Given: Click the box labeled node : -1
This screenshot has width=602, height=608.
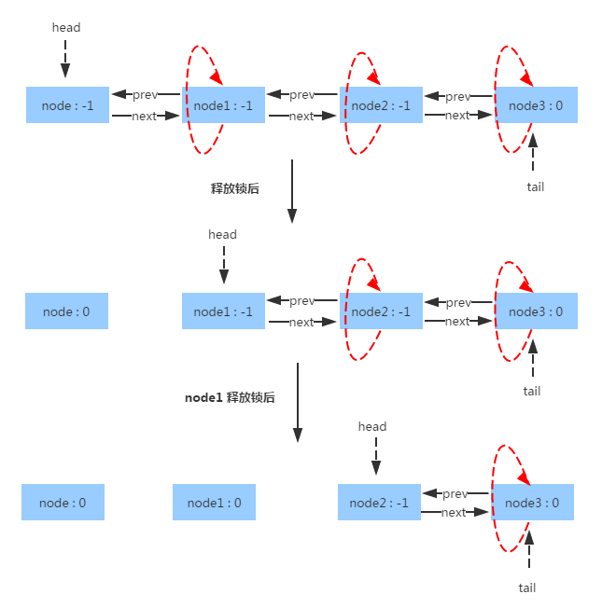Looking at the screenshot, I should pyautogui.click(x=66, y=105).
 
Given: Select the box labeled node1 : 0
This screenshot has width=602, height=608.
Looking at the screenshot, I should pyautogui.click(x=214, y=503).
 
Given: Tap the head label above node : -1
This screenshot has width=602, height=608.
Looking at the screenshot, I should pyautogui.click(x=66, y=27).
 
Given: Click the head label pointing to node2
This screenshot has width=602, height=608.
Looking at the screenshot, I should pyautogui.click(x=372, y=426).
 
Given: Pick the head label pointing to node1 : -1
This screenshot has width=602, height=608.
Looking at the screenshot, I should pyautogui.click(x=222, y=234).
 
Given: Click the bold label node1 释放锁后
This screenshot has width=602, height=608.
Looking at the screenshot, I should pyautogui.click(x=230, y=396).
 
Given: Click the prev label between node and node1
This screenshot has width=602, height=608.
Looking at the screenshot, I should pyautogui.click(x=145, y=95).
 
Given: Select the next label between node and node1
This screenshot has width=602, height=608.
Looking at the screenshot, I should pyautogui.click(x=144, y=117).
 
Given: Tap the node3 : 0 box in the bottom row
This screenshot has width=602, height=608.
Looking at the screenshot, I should pyautogui.click(x=532, y=503).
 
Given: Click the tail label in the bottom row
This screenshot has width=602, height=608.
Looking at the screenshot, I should pyautogui.click(x=527, y=587).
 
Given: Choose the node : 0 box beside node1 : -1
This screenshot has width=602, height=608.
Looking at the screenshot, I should pyautogui.click(x=66, y=311).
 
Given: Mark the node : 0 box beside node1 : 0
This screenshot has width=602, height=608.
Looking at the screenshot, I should pyautogui.click(x=63, y=503).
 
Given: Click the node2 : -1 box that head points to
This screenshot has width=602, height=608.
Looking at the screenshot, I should pyautogui.click(x=379, y=503).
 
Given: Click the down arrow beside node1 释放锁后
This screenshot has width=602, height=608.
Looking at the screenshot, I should pyautogui.click(x=298, y=402).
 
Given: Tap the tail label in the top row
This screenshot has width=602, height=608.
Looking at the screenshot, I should pyautogui.click(x=535, y=187).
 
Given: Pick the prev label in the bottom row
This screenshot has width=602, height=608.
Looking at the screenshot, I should pyautogui.click(x=455, y=493).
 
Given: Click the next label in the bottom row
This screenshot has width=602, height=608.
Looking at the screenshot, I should pyautogui.click(x=454, y=513).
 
